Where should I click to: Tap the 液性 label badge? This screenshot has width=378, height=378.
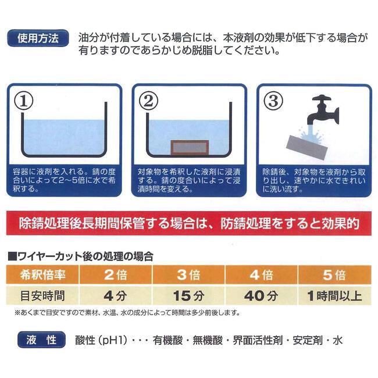click(39, 338)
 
